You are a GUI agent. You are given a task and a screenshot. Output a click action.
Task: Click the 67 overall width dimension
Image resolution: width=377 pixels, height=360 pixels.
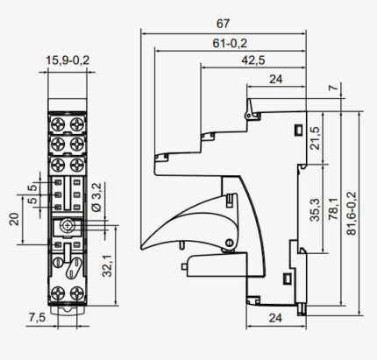tap(223, 24)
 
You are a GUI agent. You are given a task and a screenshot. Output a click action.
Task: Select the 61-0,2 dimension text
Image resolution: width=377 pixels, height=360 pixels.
tap(230, 44)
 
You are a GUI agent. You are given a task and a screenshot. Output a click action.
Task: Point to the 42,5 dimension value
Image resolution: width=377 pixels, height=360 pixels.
tap(253, 60)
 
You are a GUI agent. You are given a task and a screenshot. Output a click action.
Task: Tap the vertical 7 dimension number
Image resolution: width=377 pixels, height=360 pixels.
tap(335, 87)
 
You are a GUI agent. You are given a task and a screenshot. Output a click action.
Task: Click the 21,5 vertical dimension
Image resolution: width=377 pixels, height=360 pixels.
tap(315, 138)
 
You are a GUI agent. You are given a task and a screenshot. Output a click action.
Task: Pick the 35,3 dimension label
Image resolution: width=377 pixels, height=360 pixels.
tap(315, 209)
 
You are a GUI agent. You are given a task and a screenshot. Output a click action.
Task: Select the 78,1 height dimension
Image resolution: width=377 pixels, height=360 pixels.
tap(333, 209)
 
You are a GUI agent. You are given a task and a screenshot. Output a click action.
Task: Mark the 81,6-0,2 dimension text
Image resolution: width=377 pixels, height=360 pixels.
tap(352, 214)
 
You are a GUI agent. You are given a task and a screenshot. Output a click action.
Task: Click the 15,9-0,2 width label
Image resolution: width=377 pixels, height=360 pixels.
tap(68, 60)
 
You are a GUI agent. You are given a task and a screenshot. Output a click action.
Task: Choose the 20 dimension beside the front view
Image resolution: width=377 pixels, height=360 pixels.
tap(14, 219)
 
